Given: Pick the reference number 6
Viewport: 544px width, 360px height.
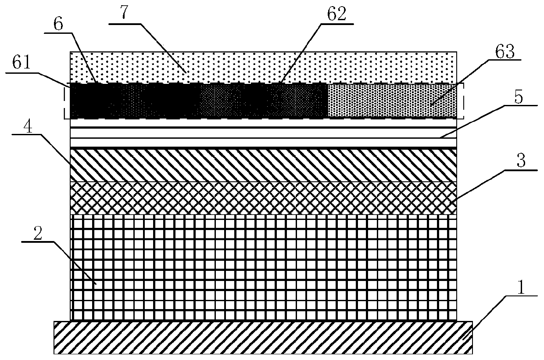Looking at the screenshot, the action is pyautogui.click(x=60, y=25).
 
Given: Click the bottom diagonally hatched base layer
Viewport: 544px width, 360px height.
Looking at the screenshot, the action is pyautogui.click(x=263, y=337).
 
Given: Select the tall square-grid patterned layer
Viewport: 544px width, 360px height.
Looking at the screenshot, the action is pyautogui.click(x=263, y=268).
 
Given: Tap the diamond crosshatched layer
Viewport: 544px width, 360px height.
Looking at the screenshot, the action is pyautogui.click(x=263, y=198).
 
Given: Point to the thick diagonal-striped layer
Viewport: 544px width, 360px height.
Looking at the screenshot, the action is pyautogui.click(x=263, y=166).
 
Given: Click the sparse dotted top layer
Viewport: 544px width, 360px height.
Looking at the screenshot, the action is pyautogui.click(x=263, y=67).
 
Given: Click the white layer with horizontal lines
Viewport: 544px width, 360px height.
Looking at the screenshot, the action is pyautogui.click(x=263, y=133).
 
